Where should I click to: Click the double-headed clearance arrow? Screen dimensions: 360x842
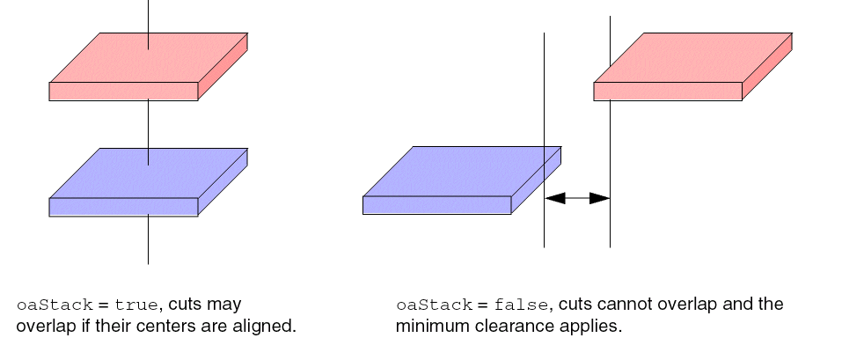(577, 198)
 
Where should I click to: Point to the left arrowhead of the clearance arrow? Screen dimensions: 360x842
(555, 198)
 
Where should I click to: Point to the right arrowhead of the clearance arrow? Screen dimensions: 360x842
(600, 198)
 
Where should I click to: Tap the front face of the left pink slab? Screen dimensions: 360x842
(123, 92)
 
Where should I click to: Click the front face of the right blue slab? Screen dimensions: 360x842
(436, 205)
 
